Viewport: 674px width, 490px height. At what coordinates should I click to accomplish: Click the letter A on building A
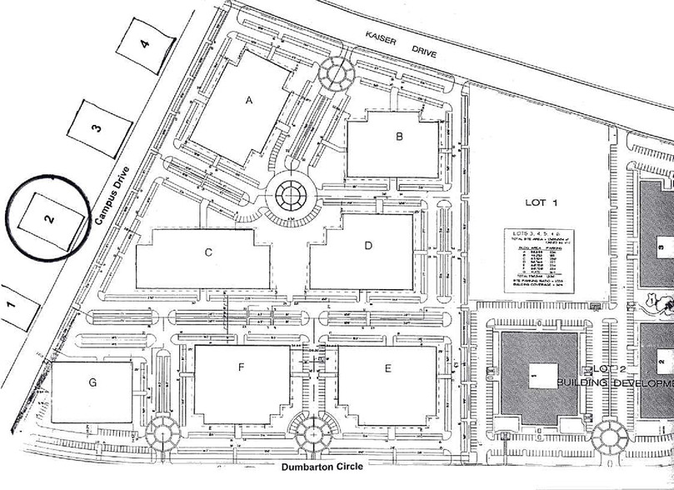(247, 100)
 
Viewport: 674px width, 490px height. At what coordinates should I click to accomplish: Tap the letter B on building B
(399, 137)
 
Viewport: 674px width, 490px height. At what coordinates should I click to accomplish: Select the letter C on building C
(210, 251)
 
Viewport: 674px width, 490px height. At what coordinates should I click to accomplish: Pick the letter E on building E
(387, 368)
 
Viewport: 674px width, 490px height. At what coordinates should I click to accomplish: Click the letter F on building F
(241, 366)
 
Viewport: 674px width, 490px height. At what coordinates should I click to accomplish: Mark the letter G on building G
(92, 382)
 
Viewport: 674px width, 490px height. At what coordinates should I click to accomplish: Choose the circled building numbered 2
(50, 218)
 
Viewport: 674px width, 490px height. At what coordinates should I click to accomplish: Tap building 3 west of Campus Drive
(97, 127)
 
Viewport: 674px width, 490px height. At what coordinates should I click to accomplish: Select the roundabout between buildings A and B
(337, 73)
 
